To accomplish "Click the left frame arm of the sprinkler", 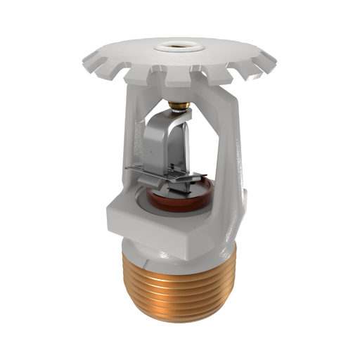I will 131,148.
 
